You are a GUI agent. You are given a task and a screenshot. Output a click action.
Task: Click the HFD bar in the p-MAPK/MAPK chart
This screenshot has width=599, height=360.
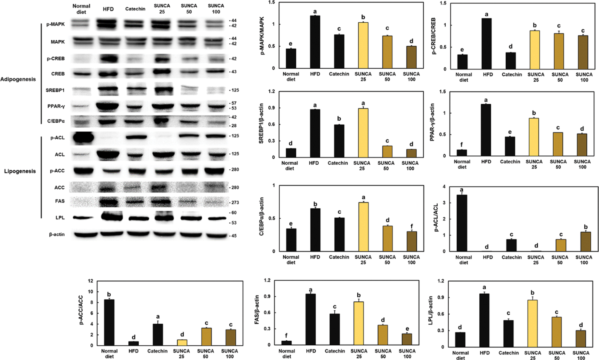pyautogui.click(x=315, y=42)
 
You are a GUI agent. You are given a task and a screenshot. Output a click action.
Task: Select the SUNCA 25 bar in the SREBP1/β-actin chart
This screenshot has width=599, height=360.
pyautogui.click(x=363, y=133)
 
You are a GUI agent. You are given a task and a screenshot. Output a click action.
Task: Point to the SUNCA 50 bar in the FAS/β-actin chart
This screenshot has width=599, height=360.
pyautogui.click(x=383, y=335)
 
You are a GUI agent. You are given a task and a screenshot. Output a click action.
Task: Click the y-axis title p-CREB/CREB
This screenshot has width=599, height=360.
pyautogui.click(x=433, y=36)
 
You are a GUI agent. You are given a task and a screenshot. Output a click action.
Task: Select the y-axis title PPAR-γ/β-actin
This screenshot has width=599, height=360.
pyautogui.click(x=432, y=122)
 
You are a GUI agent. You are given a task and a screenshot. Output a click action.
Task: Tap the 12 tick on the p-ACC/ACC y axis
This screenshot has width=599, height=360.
pyautogui.click(x=90, y=281)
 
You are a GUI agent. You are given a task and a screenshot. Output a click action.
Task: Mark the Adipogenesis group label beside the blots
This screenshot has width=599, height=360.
pyautogui.click(x=18, y=79)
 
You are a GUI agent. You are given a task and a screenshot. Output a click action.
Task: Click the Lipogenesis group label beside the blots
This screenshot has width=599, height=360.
pyautogui.click(x=20, y=171)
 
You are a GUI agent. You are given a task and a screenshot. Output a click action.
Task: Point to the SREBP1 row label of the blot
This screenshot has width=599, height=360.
pyautogui.click(x=55, y=90)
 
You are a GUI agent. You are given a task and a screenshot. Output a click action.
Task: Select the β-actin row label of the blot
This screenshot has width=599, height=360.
pyautogui.click(x=57, y=234)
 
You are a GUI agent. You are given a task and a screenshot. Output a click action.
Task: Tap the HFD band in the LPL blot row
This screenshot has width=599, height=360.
pyautogui.click(x=112, y=217)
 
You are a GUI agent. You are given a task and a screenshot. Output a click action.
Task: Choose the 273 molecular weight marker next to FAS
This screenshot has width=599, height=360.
pyautogui.click(x=235, y=203)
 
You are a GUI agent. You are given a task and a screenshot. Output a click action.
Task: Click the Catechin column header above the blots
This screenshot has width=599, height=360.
pyautogui.click(x=135, y=9)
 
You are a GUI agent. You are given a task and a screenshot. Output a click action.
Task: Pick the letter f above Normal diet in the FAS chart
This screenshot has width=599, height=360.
pyautogui.click(x=286, y=336)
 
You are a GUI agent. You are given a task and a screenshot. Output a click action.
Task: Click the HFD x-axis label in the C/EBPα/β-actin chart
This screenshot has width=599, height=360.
pyautogui.click(x=315, y=257)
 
